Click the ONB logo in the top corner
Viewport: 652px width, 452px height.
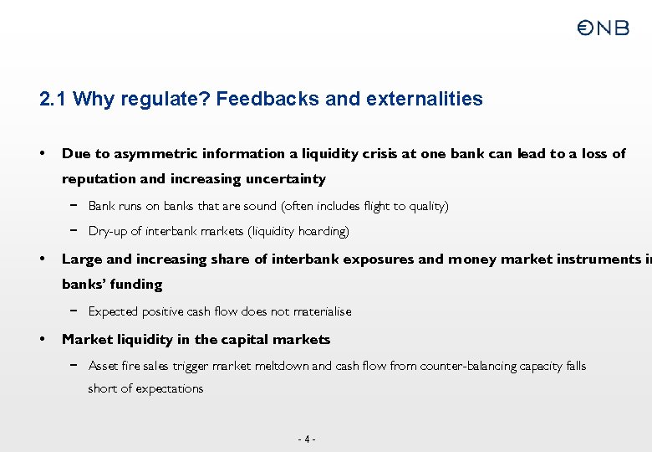[x=603, y=28]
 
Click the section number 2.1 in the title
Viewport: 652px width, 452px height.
[x=53, y=100]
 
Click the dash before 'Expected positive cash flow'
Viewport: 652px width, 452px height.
[x=74, y=311]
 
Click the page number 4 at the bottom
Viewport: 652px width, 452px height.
[x=308, y=439]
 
